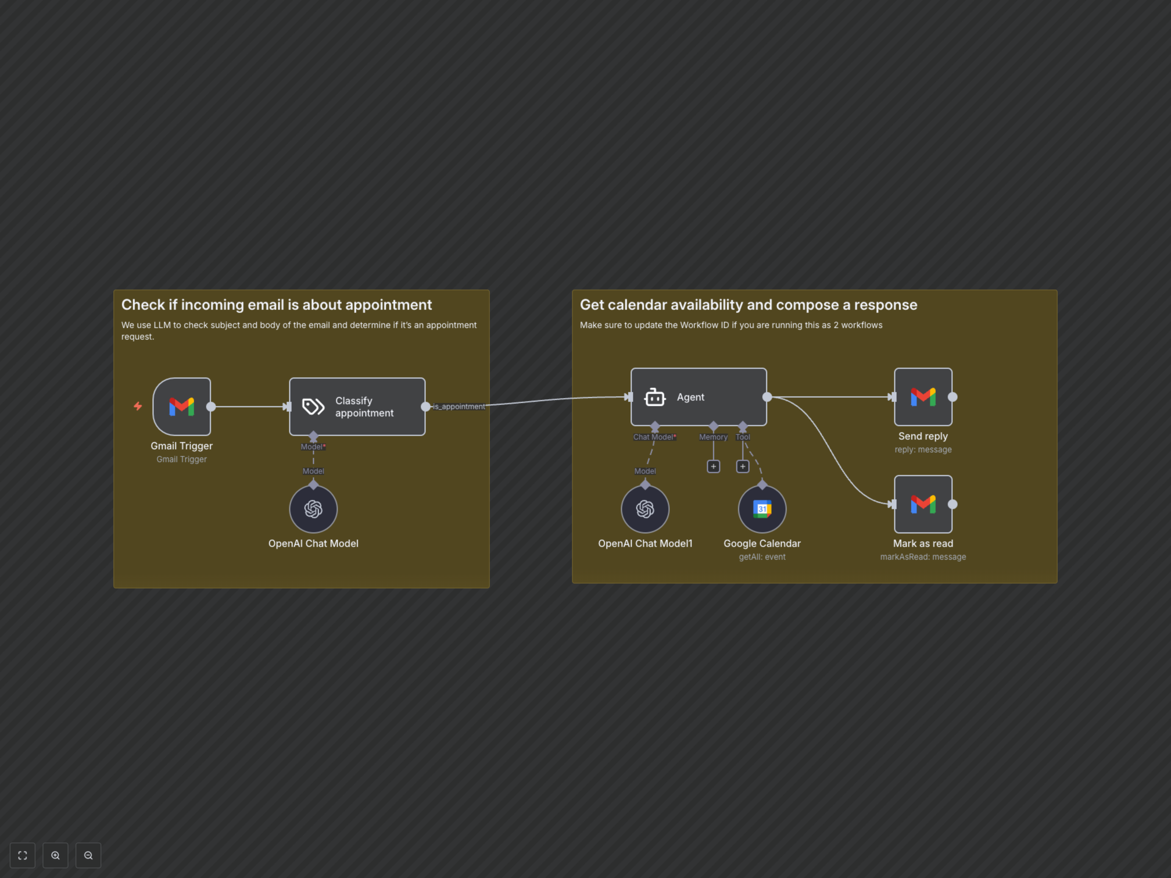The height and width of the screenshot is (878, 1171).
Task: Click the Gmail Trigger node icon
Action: [x=181, y=406]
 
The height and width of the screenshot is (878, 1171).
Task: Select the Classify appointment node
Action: [x=357, y=406]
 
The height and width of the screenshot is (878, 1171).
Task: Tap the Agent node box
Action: [x=699, y=397]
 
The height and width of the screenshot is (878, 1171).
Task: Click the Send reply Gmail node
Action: [x=923, y=397]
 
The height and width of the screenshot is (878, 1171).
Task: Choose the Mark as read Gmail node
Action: [x=923, y=504]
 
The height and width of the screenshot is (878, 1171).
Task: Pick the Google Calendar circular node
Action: [x=762, y=509]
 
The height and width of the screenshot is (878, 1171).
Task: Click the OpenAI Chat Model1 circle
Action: [x=645, y=509]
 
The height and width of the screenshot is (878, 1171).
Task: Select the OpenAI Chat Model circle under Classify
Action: [x=313, y=509]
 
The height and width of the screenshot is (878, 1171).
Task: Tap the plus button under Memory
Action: [x=713, y=466]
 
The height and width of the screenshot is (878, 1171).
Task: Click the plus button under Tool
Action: [x=743, y=466]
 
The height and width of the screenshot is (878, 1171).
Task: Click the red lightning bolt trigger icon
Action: [x=138, y=406]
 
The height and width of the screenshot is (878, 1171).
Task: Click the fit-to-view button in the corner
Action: [x=22, y=855]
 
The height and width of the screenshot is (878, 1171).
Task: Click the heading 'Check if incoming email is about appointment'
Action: [x=276, y=305]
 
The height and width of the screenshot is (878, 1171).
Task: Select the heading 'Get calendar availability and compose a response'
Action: [x=748, y=305]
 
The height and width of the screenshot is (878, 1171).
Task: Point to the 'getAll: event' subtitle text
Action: [x=762, y=557]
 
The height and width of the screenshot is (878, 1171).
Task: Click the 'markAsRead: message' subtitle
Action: [x=923, y=557]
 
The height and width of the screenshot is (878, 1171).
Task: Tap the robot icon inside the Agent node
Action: [x=654, y=397]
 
